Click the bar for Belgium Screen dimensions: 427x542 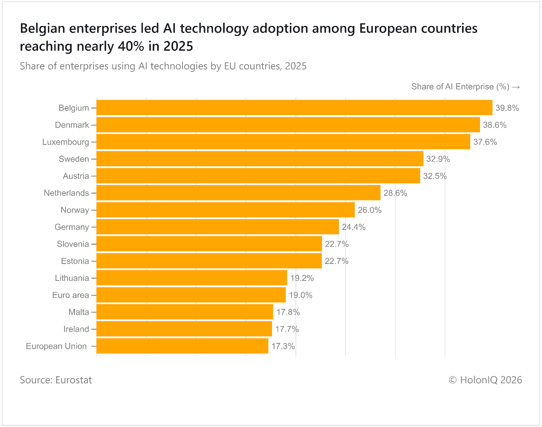[294, 108]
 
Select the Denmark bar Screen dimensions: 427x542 [288, 125]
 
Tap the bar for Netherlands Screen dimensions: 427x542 [238, 193]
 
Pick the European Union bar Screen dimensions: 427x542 [182, 346]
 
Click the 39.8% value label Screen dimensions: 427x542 [507, 108]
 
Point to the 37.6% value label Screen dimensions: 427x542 [485, 142]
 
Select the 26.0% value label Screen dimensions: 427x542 [369, 210]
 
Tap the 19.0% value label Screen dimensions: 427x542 [300, 295]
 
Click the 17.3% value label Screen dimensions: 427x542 [283, 346]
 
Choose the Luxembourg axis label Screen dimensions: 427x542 [65, 142]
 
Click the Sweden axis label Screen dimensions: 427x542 [74, 159]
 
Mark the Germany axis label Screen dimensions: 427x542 [71, 227]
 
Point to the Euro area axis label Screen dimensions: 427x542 [70, 295]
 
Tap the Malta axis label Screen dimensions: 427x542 [79, 312]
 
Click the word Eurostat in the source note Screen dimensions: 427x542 [74, 380]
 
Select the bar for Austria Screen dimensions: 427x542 [258, 176]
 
